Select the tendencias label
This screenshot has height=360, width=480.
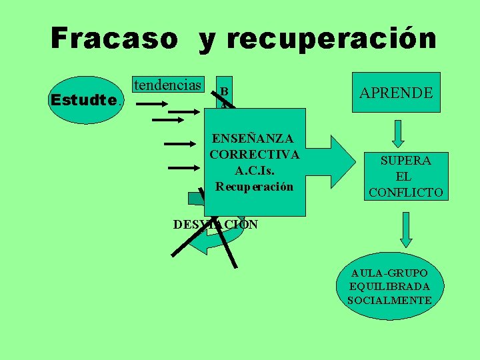click(x=167, y=85)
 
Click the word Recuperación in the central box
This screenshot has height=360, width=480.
click(x=254, y=187)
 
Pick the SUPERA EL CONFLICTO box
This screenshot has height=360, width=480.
click(x=406, y=176)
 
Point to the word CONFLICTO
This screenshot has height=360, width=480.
click(x=406, y=193)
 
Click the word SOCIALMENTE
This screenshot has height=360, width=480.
click(x=390, y=300)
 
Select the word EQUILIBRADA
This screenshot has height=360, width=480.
click(x=390, y=287)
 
